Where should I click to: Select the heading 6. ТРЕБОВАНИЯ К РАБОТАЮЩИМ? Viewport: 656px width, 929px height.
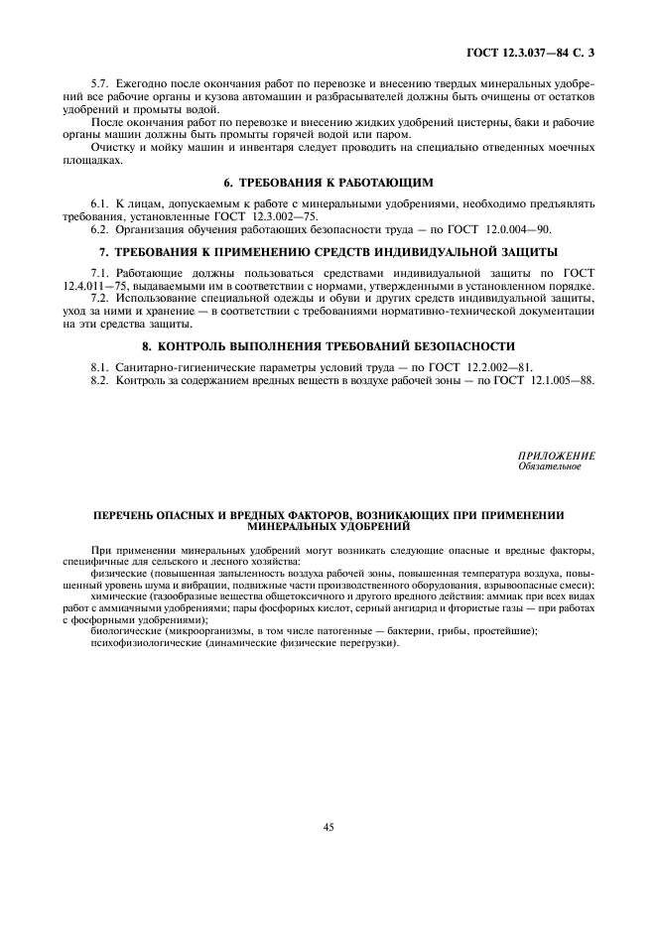click(328, 183)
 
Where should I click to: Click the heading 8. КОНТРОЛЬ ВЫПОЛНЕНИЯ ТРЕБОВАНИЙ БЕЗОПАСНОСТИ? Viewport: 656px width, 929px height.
click(328, 345)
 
